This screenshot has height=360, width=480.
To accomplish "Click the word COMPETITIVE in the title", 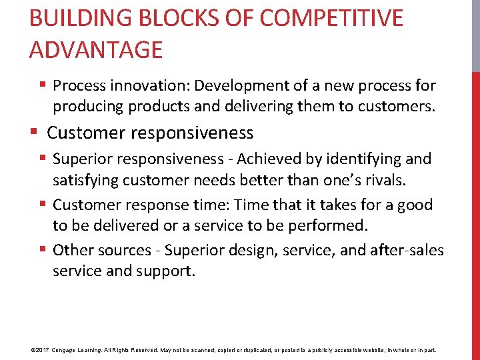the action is [331, 18].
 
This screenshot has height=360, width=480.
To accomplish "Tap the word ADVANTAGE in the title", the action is [96, 49].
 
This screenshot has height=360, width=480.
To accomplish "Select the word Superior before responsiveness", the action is [86, 159].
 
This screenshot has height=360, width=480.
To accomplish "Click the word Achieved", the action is [268, 159].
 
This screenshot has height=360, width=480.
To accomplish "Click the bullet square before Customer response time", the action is [43, 205].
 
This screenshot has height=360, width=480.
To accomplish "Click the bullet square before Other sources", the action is [43, 250].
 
